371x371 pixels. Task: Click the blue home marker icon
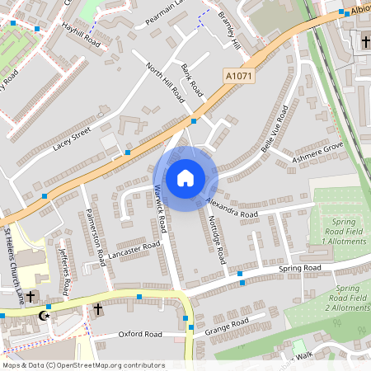185,178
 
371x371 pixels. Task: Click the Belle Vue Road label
274,129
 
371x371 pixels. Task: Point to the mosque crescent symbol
45,316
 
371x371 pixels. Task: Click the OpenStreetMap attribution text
83,365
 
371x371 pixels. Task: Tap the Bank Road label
192,79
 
